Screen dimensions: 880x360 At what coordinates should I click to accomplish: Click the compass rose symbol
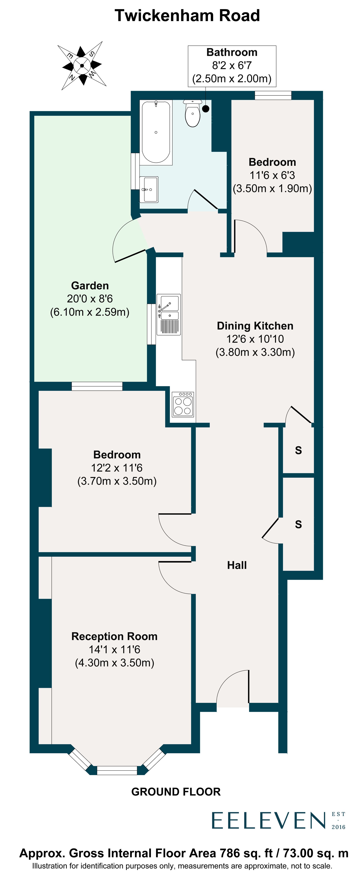(x=82, y=66)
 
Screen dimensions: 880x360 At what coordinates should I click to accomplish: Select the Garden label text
(x=90, y=286)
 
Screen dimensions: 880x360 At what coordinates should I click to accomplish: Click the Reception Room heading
(x=114, y=636)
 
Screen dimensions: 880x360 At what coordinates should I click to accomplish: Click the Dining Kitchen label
(x=255, y=326)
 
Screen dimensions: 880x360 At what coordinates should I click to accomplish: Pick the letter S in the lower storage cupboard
(x=298, y=524)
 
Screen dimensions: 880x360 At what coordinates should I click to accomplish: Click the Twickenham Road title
(x=187, y=16)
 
